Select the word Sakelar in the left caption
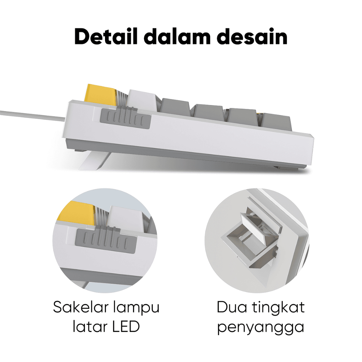tap(81, 308)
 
